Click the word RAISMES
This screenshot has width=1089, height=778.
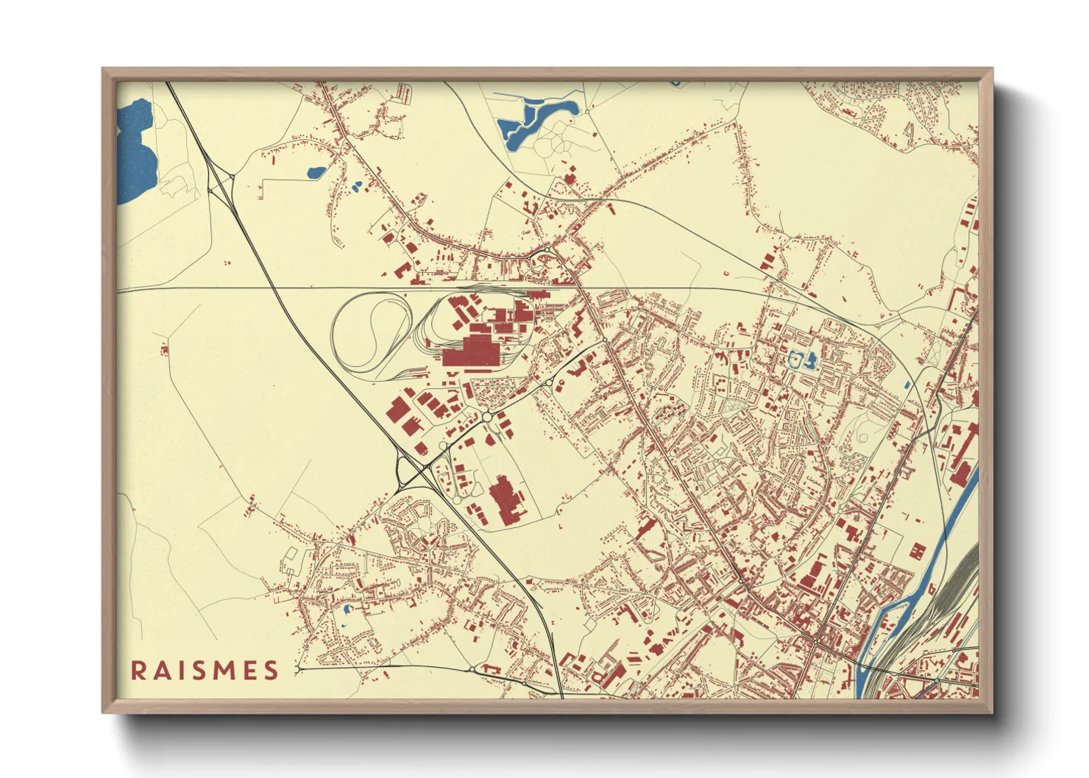205,670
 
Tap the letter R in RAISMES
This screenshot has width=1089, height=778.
138,670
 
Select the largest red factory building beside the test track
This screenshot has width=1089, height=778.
472,351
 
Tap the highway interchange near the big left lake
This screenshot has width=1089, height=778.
221,184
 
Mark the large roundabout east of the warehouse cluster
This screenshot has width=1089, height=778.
487,417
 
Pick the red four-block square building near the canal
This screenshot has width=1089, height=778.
918,550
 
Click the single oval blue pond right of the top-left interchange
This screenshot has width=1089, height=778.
316,174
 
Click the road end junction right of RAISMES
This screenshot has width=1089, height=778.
297,669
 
